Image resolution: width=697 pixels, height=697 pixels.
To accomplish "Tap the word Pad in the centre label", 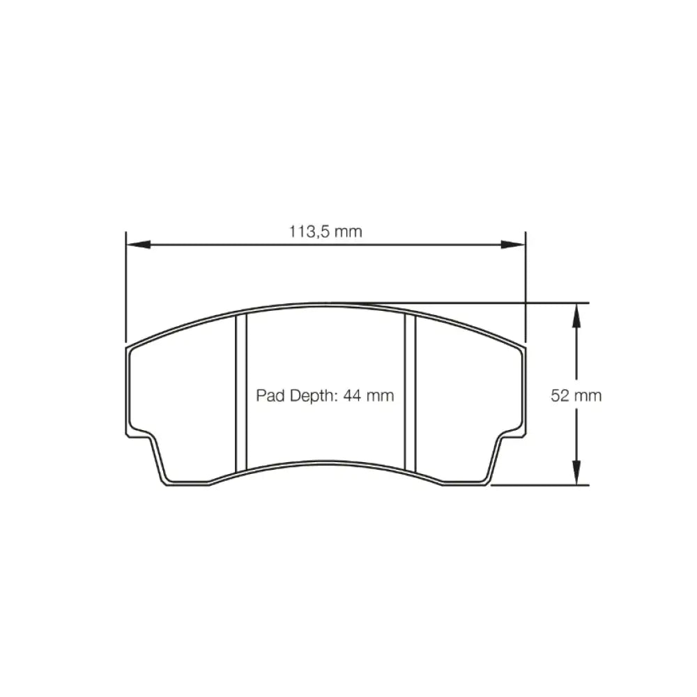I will click(268, 396).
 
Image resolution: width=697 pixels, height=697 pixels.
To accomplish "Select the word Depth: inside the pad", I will click(312, 396).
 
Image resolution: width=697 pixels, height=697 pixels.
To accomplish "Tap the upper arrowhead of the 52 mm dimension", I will click(576, 314).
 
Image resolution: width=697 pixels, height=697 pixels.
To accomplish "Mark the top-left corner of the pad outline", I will click(128, 346).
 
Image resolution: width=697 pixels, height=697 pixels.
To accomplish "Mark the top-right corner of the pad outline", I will click(523, 346).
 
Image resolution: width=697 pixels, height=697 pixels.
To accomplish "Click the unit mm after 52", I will click(588, 396).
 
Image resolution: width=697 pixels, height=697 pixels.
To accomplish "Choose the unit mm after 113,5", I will click(348, 231).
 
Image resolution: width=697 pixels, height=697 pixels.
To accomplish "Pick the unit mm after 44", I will click(380, 396).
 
